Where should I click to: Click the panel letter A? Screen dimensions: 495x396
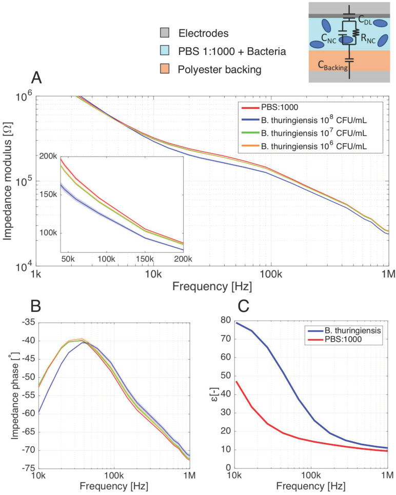click(36, 77)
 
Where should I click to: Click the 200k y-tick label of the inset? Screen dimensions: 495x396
click(49, 156)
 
